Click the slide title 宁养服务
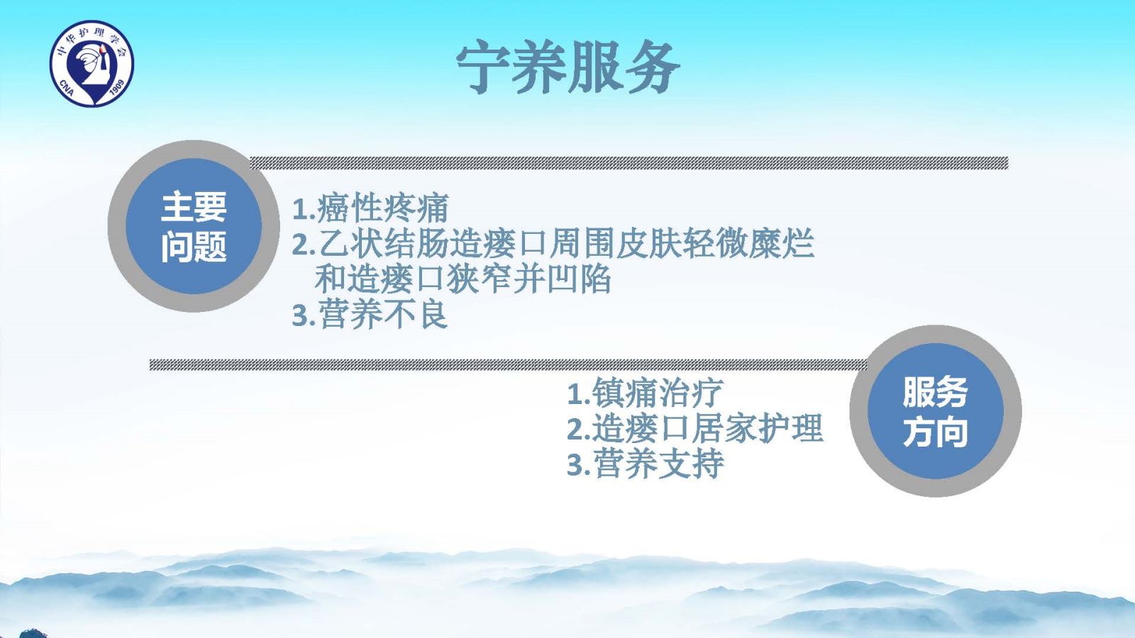click(567, 67)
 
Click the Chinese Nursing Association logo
click(92, 63)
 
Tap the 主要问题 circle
click(194, 226)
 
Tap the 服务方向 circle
click(936, 411)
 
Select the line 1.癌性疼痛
click(370, 208)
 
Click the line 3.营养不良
click(370, 315)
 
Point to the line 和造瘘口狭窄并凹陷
click(463, 279)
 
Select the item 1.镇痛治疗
click(645, 393)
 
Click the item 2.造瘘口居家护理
click(694, 428)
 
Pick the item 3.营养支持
click(645, 464)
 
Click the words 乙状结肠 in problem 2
click(384, 244)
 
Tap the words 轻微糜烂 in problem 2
click(749, 244)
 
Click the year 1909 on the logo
click(117, 89)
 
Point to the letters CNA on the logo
click(67, 88)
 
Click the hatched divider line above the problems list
click(629, 163)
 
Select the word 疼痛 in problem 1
click(416, 208)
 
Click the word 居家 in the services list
click(724, 428)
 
